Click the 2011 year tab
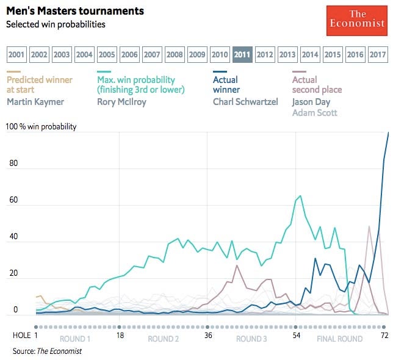tap(242, 54)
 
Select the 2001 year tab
tap(17, 54)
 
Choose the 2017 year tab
tap(378, 54)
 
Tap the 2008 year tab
tap(175, 54)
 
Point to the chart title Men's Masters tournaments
tap(75, 11)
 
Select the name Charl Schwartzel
tap(244, 102)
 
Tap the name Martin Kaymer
tap(35, 102)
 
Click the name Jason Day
tap(311, 102)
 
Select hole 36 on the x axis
tap(208, 336)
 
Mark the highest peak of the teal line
tap(300, 196)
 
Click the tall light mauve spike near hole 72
tap(369, 226)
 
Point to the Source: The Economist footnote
tap(47, 351)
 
